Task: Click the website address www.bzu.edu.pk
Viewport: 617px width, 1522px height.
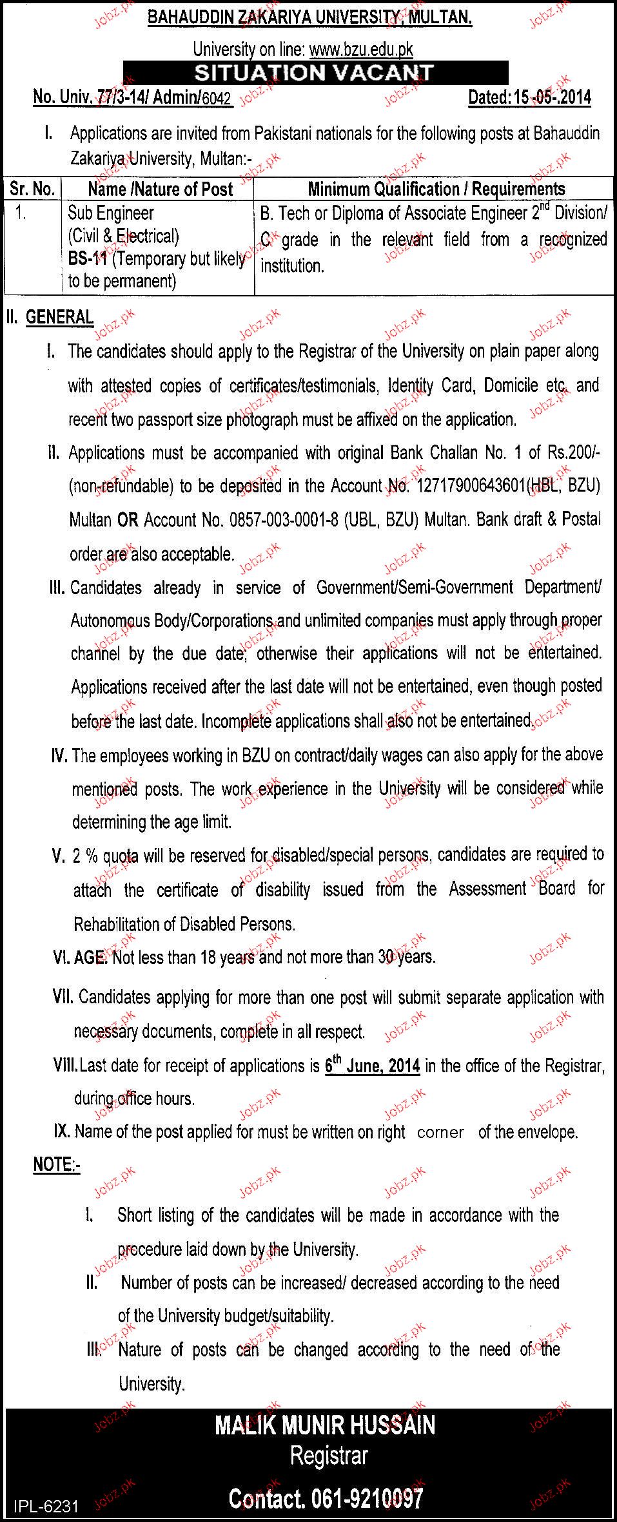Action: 361,50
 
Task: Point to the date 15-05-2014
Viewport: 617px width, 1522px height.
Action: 553,97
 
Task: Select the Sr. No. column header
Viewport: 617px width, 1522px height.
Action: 32,189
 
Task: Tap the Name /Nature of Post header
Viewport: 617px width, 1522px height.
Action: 161,189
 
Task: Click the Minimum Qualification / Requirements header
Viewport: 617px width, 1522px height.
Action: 436,189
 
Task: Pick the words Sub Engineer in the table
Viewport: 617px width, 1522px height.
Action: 111,213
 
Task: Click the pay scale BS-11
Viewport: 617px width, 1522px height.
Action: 87,259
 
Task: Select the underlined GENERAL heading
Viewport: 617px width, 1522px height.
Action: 59,316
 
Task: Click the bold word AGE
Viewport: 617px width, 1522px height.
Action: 90,957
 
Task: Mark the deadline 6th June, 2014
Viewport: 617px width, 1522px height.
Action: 372,1066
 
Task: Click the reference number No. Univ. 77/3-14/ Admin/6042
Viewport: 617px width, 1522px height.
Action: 132,97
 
